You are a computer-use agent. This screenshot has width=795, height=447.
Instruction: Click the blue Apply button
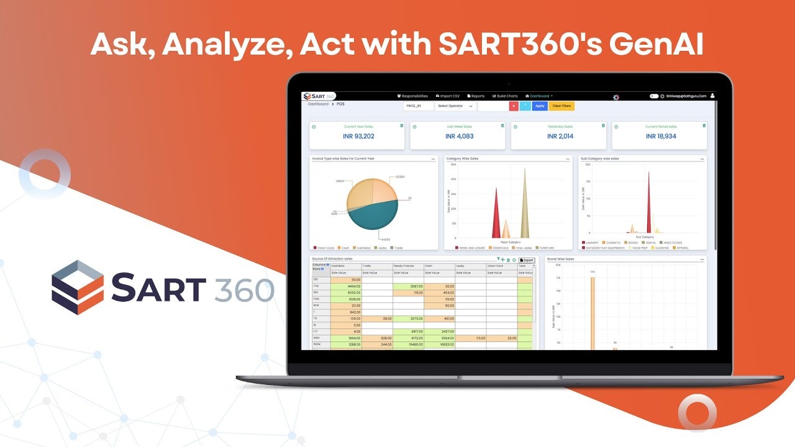click(x=540, y=106)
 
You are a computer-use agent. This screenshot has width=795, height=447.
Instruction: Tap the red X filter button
click(x=514, y=106)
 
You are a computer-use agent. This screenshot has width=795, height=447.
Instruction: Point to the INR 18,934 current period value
click(x=660, y=136)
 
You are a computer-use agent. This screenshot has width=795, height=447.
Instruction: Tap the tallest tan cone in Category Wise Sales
click(x=525, y=205)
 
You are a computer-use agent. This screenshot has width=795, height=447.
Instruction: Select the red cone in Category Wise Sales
click(x=496, y=214)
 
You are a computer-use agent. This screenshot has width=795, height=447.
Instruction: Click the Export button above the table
click(x=527, y=260)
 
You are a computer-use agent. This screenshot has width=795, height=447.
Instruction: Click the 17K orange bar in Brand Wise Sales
click(x=593, y=310)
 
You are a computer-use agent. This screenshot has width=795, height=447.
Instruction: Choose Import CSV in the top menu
click(x=448, y=96)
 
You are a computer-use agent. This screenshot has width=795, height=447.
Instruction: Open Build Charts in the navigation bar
click(x=505, y=96)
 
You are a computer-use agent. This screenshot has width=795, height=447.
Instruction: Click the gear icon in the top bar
click(x=616, y=97)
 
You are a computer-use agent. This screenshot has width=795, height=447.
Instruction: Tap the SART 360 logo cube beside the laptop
click(x=78, y=287)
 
